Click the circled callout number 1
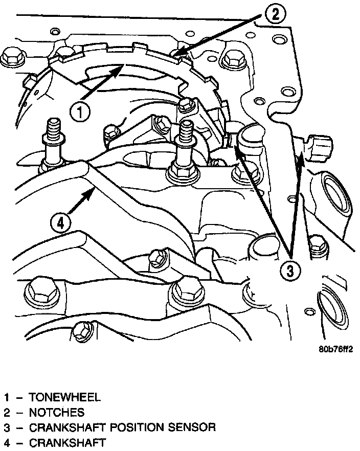[x=81, y=112]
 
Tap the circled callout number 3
[x=290, y=271]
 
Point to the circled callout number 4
[x=60, y=223]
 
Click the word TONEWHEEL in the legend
[x=65, y=397]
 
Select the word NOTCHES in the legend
[x=57, y=412]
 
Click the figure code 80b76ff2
[x=335, y=350]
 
